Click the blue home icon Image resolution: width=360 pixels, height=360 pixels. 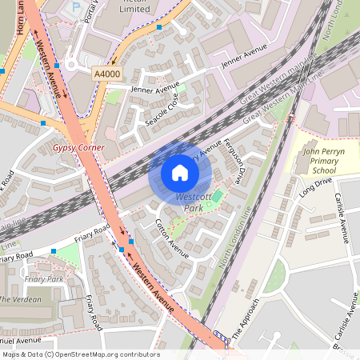click(x=180, y=172)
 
